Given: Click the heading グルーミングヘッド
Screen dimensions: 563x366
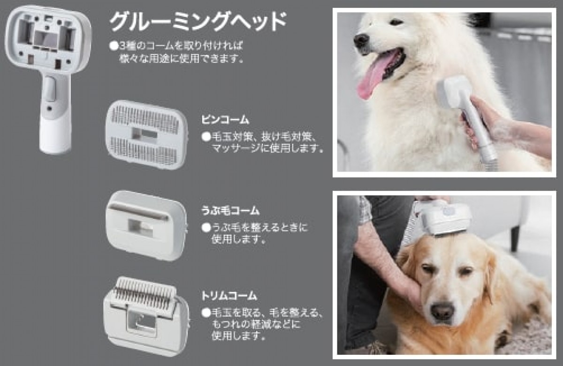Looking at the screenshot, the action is tap(198, 22).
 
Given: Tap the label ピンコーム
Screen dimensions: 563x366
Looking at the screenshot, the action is tap(225, 120).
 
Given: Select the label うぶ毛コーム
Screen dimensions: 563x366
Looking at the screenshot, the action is tap(230, 210).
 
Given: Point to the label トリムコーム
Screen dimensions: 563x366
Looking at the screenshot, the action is tap(229, 296).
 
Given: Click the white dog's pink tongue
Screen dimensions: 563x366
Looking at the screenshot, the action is tap(374, 75).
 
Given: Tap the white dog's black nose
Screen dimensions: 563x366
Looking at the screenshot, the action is tap(362, 41).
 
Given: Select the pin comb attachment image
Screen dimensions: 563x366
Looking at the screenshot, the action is tap(147, 135).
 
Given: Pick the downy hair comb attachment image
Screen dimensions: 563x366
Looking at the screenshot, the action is tap(147, 225).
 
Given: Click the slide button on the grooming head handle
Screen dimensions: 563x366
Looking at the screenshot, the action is tap(51, 89).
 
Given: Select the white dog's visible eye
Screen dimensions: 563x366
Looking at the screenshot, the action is tap(396, 22).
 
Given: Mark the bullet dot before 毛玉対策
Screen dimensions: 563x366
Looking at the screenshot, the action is tap(206, 137).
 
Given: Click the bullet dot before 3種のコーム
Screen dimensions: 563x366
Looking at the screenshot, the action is tap(114, 46).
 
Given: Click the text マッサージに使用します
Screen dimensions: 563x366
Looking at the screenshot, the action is tap(267, 149).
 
